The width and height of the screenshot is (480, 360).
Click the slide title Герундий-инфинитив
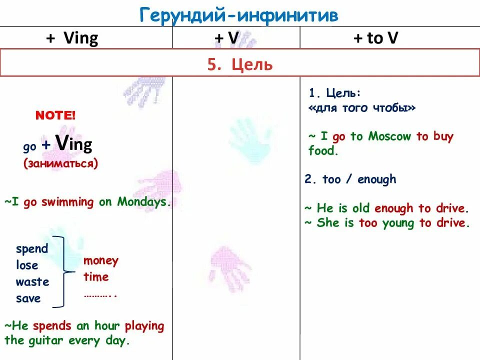click(239, 15)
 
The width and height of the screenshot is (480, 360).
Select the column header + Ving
click(72, 38)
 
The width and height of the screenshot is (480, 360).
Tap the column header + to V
click(375, 38)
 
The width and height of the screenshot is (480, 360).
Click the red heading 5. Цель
click(240, 64)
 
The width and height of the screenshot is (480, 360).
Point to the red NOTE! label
click(55, 116)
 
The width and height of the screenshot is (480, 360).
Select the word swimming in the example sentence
click(67, 202)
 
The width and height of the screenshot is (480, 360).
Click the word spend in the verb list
click(32, 249)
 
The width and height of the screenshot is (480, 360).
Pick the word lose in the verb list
click(27, 265)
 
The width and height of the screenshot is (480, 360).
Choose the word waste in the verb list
click(32, 282)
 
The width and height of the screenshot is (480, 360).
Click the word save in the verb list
click(28, 299)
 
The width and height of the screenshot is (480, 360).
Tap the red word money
click(101, 260)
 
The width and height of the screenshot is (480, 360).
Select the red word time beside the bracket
click(96, 277)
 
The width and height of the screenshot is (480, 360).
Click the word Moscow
click(389, 136)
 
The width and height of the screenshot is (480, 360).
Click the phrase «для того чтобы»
click(362, 107)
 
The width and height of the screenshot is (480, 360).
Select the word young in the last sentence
click(399, 223)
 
